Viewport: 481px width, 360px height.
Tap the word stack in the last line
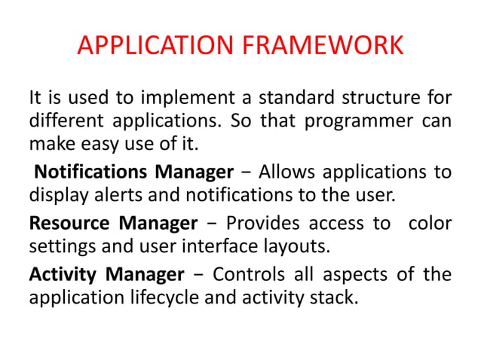[x=332, y=297]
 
